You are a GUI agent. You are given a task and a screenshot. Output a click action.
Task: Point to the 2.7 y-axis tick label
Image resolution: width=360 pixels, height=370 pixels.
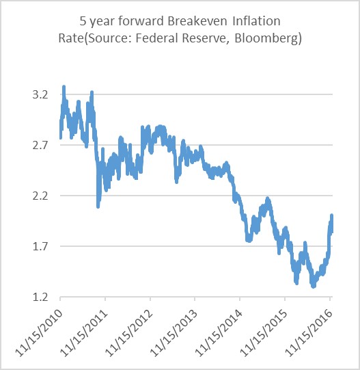[42, 145]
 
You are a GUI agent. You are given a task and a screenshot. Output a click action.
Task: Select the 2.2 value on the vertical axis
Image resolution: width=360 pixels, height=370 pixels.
[42, 196]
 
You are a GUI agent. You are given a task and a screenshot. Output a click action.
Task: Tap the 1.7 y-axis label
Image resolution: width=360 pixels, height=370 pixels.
[42, 246]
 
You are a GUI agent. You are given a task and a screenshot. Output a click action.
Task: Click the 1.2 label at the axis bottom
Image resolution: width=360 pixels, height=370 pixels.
[42, 297]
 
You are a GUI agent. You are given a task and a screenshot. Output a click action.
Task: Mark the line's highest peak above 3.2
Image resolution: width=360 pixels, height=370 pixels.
[64, 88]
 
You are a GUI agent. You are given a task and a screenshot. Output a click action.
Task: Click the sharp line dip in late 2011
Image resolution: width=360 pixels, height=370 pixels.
[98, 204]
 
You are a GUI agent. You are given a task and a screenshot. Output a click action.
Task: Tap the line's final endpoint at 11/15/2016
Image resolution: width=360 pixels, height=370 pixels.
[332, 216]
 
